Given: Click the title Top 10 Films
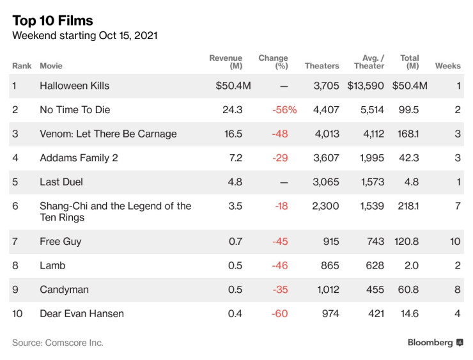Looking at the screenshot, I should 52,20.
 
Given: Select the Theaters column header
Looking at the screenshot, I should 322,66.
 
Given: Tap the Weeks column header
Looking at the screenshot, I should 447,66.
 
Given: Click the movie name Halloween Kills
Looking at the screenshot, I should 74,86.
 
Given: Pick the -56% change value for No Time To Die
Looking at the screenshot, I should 284,110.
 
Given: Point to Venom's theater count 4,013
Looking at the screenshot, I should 325,134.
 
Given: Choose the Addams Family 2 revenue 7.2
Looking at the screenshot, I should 235,158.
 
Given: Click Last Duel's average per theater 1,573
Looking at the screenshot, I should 372,182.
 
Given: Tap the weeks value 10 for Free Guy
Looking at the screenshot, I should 454,242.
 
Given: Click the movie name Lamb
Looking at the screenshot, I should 52,265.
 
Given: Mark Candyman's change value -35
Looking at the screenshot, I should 280,290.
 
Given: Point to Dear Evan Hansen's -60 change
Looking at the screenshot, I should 280,313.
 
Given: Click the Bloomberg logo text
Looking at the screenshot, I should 430,343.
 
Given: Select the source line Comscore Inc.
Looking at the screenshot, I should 58,343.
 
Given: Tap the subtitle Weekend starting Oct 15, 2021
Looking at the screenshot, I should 85,36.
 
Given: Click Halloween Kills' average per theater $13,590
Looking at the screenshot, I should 366,86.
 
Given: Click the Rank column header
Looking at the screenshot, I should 22,66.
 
